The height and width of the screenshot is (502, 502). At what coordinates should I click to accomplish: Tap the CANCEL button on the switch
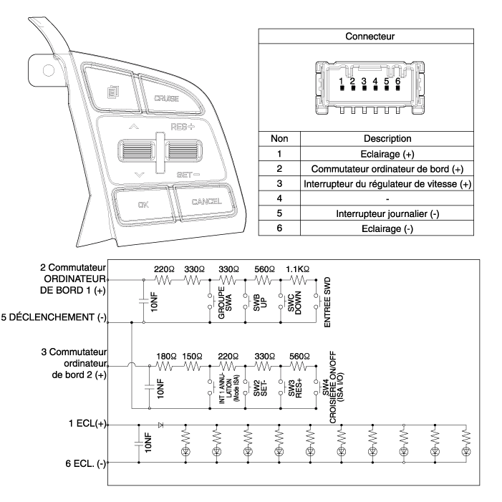click(205, 202)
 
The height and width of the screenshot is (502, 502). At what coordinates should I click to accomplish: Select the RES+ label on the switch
click(183, 127)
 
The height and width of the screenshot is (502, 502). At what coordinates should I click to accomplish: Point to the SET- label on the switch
click(188, 175)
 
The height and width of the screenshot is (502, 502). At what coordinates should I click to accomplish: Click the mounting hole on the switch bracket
click(49, 70)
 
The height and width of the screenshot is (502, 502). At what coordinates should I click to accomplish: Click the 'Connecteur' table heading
click(370, 37)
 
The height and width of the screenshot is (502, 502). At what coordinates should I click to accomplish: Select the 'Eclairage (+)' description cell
click(387, 154)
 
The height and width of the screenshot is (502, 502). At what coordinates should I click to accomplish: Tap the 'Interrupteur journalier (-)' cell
click(387, 213)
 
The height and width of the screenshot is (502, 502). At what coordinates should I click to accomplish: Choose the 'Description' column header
click(387, 139)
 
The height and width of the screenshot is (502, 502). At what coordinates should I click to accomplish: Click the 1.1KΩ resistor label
click(297, 269)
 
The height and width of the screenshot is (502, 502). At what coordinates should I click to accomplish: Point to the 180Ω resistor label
click(166, 357)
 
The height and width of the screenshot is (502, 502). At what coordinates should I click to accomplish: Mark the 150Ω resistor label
click(192, 357)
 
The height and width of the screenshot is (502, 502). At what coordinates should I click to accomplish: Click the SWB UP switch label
click(260, 301)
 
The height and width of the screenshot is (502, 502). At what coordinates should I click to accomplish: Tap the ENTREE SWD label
click(327, 302)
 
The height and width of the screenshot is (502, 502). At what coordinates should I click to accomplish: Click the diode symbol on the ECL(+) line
click(160, 425)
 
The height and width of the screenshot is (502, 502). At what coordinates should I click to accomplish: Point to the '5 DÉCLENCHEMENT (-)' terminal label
click(54, 317)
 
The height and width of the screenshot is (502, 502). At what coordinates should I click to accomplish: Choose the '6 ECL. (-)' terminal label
click(85, 463)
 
